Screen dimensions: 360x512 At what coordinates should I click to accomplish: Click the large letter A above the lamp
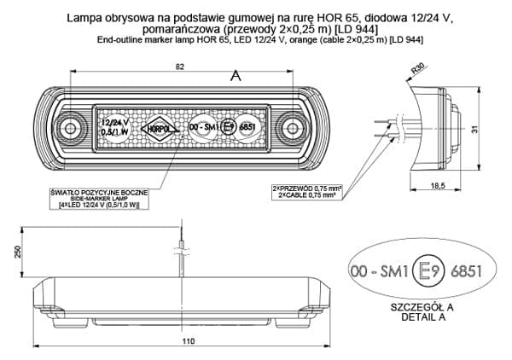click(236, 75)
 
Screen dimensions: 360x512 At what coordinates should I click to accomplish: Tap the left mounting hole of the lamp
click(69, 129)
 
